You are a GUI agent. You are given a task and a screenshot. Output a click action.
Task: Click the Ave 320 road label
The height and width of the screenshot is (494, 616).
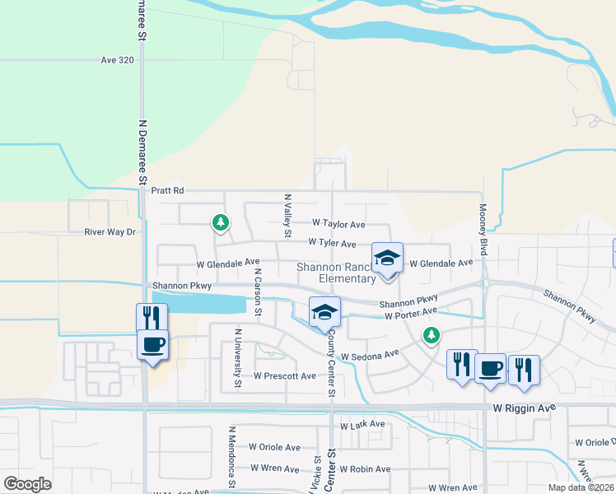point(117,60)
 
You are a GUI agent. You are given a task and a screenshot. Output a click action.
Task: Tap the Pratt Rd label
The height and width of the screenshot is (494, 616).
point(167,190)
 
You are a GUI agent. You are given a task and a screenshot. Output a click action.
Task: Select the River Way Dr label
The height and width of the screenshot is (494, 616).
point(110,232)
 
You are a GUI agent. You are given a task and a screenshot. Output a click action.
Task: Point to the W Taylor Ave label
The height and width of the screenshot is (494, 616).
point(338,223)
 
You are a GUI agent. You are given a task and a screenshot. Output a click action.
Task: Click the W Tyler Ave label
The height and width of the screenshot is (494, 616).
point(332,244)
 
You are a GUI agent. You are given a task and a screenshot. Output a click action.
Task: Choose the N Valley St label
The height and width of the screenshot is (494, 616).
point(287,216)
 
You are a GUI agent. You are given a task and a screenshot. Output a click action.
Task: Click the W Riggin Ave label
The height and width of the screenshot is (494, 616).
point(525,408)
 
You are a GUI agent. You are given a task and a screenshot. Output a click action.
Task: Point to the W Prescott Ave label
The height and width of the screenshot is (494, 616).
point(284,376)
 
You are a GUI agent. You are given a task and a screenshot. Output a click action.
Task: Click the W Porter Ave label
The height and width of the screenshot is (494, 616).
point(408,315)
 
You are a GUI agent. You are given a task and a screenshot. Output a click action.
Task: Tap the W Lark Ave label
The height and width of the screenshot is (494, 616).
point(362,425)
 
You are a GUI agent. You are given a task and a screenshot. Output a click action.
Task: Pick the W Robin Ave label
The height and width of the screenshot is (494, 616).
point(364,468)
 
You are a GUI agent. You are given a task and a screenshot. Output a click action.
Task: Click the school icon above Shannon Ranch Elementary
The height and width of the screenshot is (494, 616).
point(386,259)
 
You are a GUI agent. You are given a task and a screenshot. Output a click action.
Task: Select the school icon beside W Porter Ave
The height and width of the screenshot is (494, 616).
point(324,312)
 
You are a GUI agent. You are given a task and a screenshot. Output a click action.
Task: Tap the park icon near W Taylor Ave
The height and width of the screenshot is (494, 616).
point(220,221)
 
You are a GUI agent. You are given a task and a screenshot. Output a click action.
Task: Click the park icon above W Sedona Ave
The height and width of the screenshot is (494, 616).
point(430,334)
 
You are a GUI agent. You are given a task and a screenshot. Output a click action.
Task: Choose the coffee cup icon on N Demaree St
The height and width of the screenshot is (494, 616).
point(152,343)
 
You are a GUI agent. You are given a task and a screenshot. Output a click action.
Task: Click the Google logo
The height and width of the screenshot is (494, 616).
point(27,484)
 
